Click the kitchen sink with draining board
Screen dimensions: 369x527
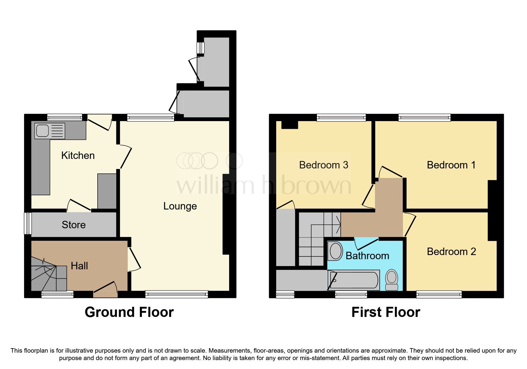pyautogui.click(x=50, y=131)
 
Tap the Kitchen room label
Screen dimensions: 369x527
pyautogui.click(x=78, y=155)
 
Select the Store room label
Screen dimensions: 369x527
pyautogui.click(x=74, y=225)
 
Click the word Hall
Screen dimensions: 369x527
pyautogui.click(x=79, y=266)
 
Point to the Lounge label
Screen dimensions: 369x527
pyautogui.click(x=180, y=206)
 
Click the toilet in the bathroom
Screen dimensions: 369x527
pyautogui.click(x=392, y=280)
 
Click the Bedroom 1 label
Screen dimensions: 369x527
pyautogui.click(x=451, y=165)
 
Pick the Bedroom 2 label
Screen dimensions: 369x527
pyautogui.click(x=451, y=251)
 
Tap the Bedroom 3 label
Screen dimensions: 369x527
pyautogui.click(x=323, y=165)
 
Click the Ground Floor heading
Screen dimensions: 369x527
pyautogui.click(x=129, y=312)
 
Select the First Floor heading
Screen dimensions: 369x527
pyautogui.click(x=386, y=312)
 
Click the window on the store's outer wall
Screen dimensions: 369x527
pyautogui.click(x=28, y=223)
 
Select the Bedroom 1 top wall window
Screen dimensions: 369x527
pyautogui.click(x=424, y=118)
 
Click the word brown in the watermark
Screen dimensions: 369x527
pyautogui.click(x=316, y=186)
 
